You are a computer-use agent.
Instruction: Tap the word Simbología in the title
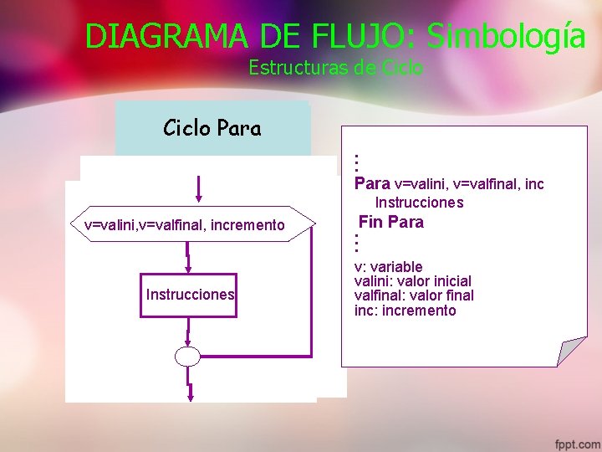click(506, 36)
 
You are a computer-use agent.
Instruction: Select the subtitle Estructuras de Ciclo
click(335, 68)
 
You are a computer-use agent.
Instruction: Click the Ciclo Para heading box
click(212, 128)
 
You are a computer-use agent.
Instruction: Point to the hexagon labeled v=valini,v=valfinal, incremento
click(186, 224)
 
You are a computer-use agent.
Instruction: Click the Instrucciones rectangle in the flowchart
click(189, 295)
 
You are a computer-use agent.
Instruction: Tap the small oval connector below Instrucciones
click(188, 357)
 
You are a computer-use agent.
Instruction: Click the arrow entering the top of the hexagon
click(198, 190)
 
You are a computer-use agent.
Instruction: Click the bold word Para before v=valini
click(372, 183)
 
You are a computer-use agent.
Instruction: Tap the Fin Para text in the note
click(390, 222)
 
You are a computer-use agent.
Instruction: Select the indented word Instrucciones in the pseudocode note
click(419, 203)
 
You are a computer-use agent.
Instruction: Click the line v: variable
click(388, 267)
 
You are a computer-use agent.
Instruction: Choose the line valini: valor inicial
click(412, 281)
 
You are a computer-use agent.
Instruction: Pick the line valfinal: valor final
click(414, 295)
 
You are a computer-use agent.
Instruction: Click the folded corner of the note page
click(571, 351)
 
